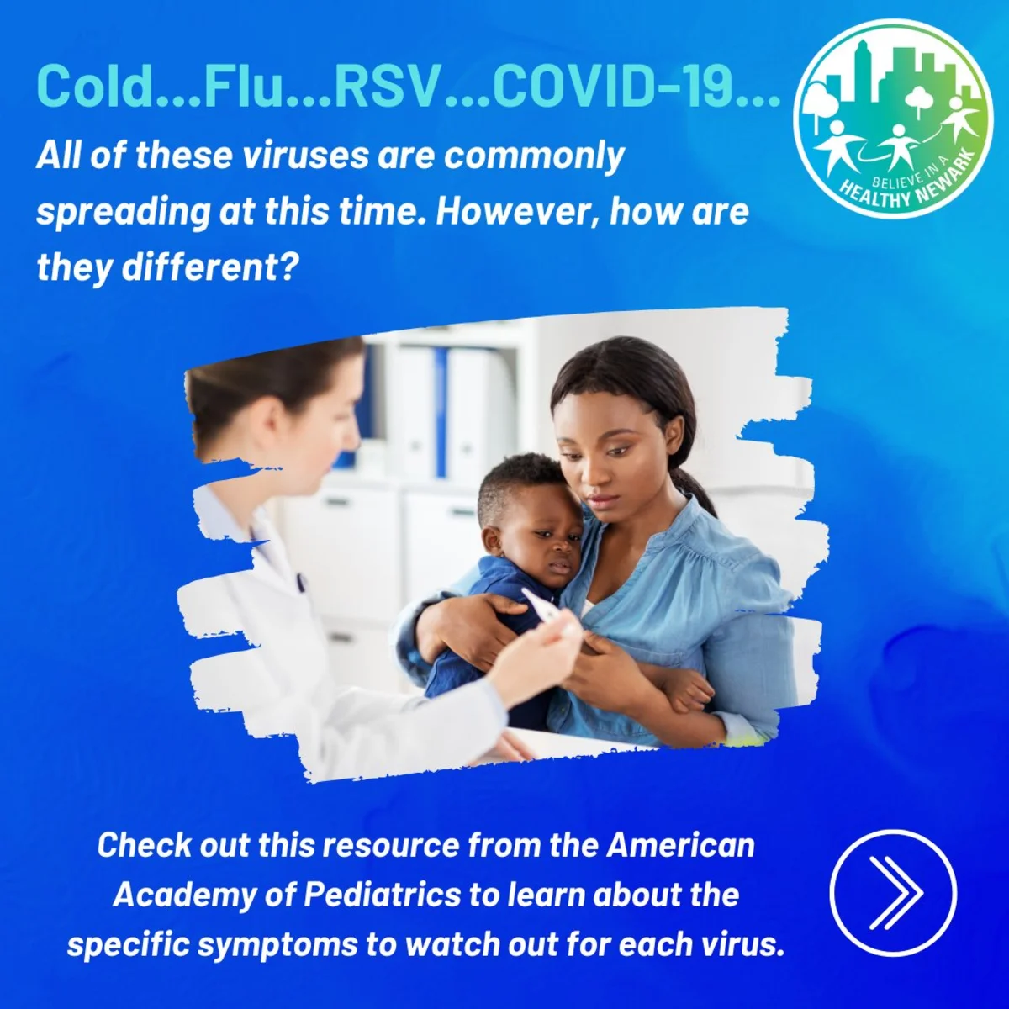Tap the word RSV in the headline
386,86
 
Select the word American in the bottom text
680,844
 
